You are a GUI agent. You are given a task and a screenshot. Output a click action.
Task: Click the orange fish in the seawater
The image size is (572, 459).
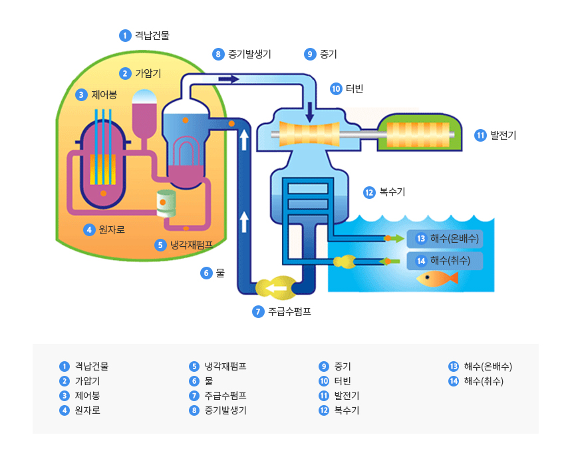[x=436, y=277]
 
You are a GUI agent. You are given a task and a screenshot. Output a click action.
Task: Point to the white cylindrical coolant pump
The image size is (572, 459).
[x=166, y=202]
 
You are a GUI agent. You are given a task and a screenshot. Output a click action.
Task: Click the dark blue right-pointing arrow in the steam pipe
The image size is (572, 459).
[x=228, y=79]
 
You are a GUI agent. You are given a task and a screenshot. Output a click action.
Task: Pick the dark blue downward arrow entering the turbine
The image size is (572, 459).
[x=310, y=112]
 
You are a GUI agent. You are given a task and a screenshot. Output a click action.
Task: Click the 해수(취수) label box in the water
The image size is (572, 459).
[x=445, y=261]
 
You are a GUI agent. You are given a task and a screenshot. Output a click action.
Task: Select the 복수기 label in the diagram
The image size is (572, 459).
[x=392, y=192]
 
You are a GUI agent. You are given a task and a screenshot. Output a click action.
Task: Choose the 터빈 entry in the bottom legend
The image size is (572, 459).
[x=343, y=381]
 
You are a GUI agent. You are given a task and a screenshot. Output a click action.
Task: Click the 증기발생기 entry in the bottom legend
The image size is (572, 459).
[x=225, y=410]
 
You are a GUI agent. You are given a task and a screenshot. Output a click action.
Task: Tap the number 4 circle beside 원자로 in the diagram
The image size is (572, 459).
[x=89, y=230]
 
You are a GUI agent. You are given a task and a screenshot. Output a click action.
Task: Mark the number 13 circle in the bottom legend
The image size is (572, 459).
[x=454, y=367]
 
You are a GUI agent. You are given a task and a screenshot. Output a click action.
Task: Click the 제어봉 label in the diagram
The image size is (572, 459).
[x=104, y=94]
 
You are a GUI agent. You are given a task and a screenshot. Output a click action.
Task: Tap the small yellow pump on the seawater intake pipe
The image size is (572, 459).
[x=346, y=261]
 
